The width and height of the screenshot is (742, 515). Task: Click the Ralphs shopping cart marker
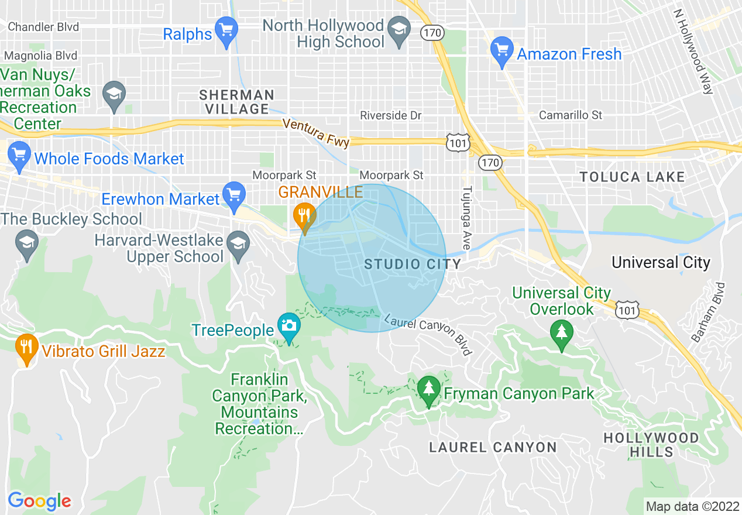click(226, 29)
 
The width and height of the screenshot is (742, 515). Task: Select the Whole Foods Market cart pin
click(19, 155)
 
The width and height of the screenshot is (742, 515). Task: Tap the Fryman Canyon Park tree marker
click(428, 389)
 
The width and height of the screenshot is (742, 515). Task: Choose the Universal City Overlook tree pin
click(562, 334)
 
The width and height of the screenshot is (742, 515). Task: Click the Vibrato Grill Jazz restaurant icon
click(26, 347)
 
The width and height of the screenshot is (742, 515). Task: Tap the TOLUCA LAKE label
click(631, 177)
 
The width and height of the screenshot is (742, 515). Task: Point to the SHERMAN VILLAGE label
click(236, 102)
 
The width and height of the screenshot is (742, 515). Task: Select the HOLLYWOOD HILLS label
click(651, 445)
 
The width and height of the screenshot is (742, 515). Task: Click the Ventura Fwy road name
click(315, 133)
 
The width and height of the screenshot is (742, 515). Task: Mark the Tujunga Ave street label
click(466, 218)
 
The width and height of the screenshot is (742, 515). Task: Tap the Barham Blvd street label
click(716, 312)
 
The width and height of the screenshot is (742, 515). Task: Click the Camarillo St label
click(570, 115)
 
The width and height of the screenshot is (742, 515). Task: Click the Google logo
click(39, 501)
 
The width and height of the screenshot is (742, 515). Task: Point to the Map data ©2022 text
click(691, 506)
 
